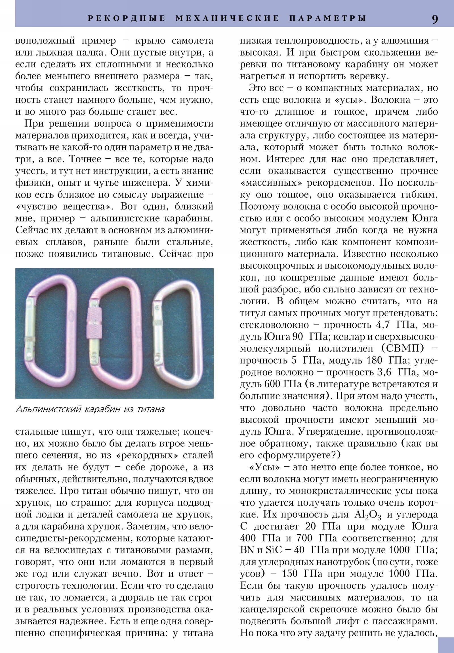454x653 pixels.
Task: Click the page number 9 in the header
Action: pyautogui.click(x=435, y=19)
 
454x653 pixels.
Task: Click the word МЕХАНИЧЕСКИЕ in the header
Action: pyautogui.click(x=228, y=18)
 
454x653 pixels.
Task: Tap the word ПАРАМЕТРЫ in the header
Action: pyautogui.click(x=328, y=18)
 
